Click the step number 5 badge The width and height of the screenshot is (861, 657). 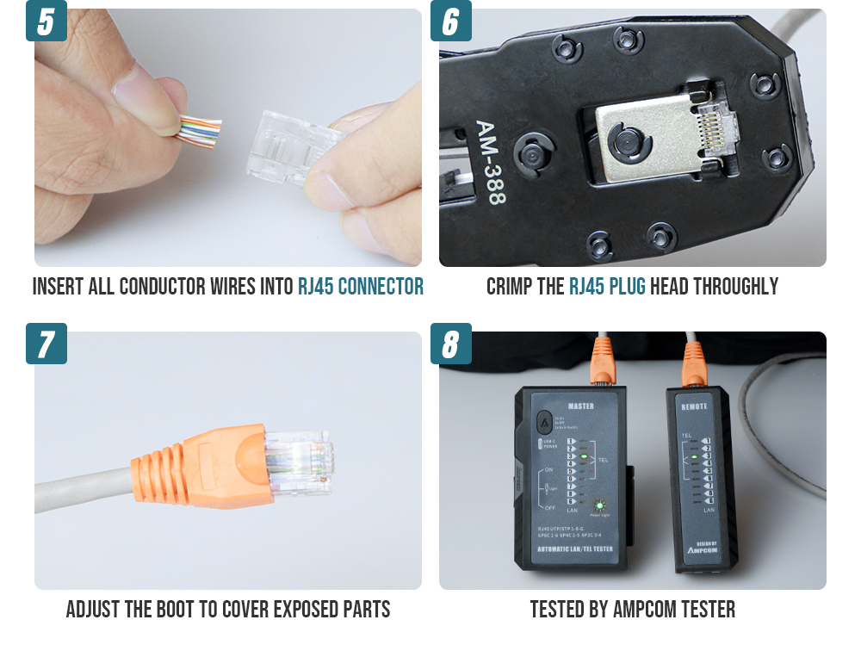(x=46, y=21)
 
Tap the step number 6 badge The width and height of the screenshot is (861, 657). (x=451, y=21)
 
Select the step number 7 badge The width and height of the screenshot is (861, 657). (x=46, y=344)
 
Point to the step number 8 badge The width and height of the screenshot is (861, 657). (x=451, y=344)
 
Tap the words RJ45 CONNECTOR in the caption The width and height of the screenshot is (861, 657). (x=361, y=287)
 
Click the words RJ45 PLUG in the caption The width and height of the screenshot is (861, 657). (x=607, y=287)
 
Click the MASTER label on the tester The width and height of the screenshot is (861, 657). (x=581, y=406)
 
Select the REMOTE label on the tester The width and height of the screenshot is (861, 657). (x=695, y=406)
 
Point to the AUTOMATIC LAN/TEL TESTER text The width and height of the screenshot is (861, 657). (x=575, y=549)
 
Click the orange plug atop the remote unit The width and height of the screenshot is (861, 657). (x=693, y=362)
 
